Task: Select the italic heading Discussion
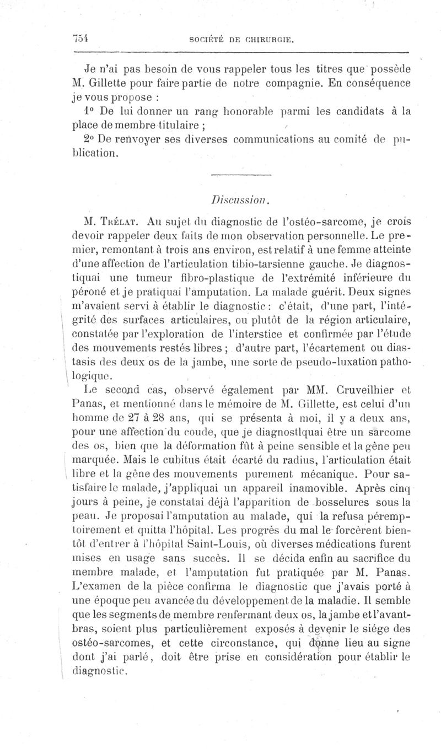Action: [242, 197]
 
